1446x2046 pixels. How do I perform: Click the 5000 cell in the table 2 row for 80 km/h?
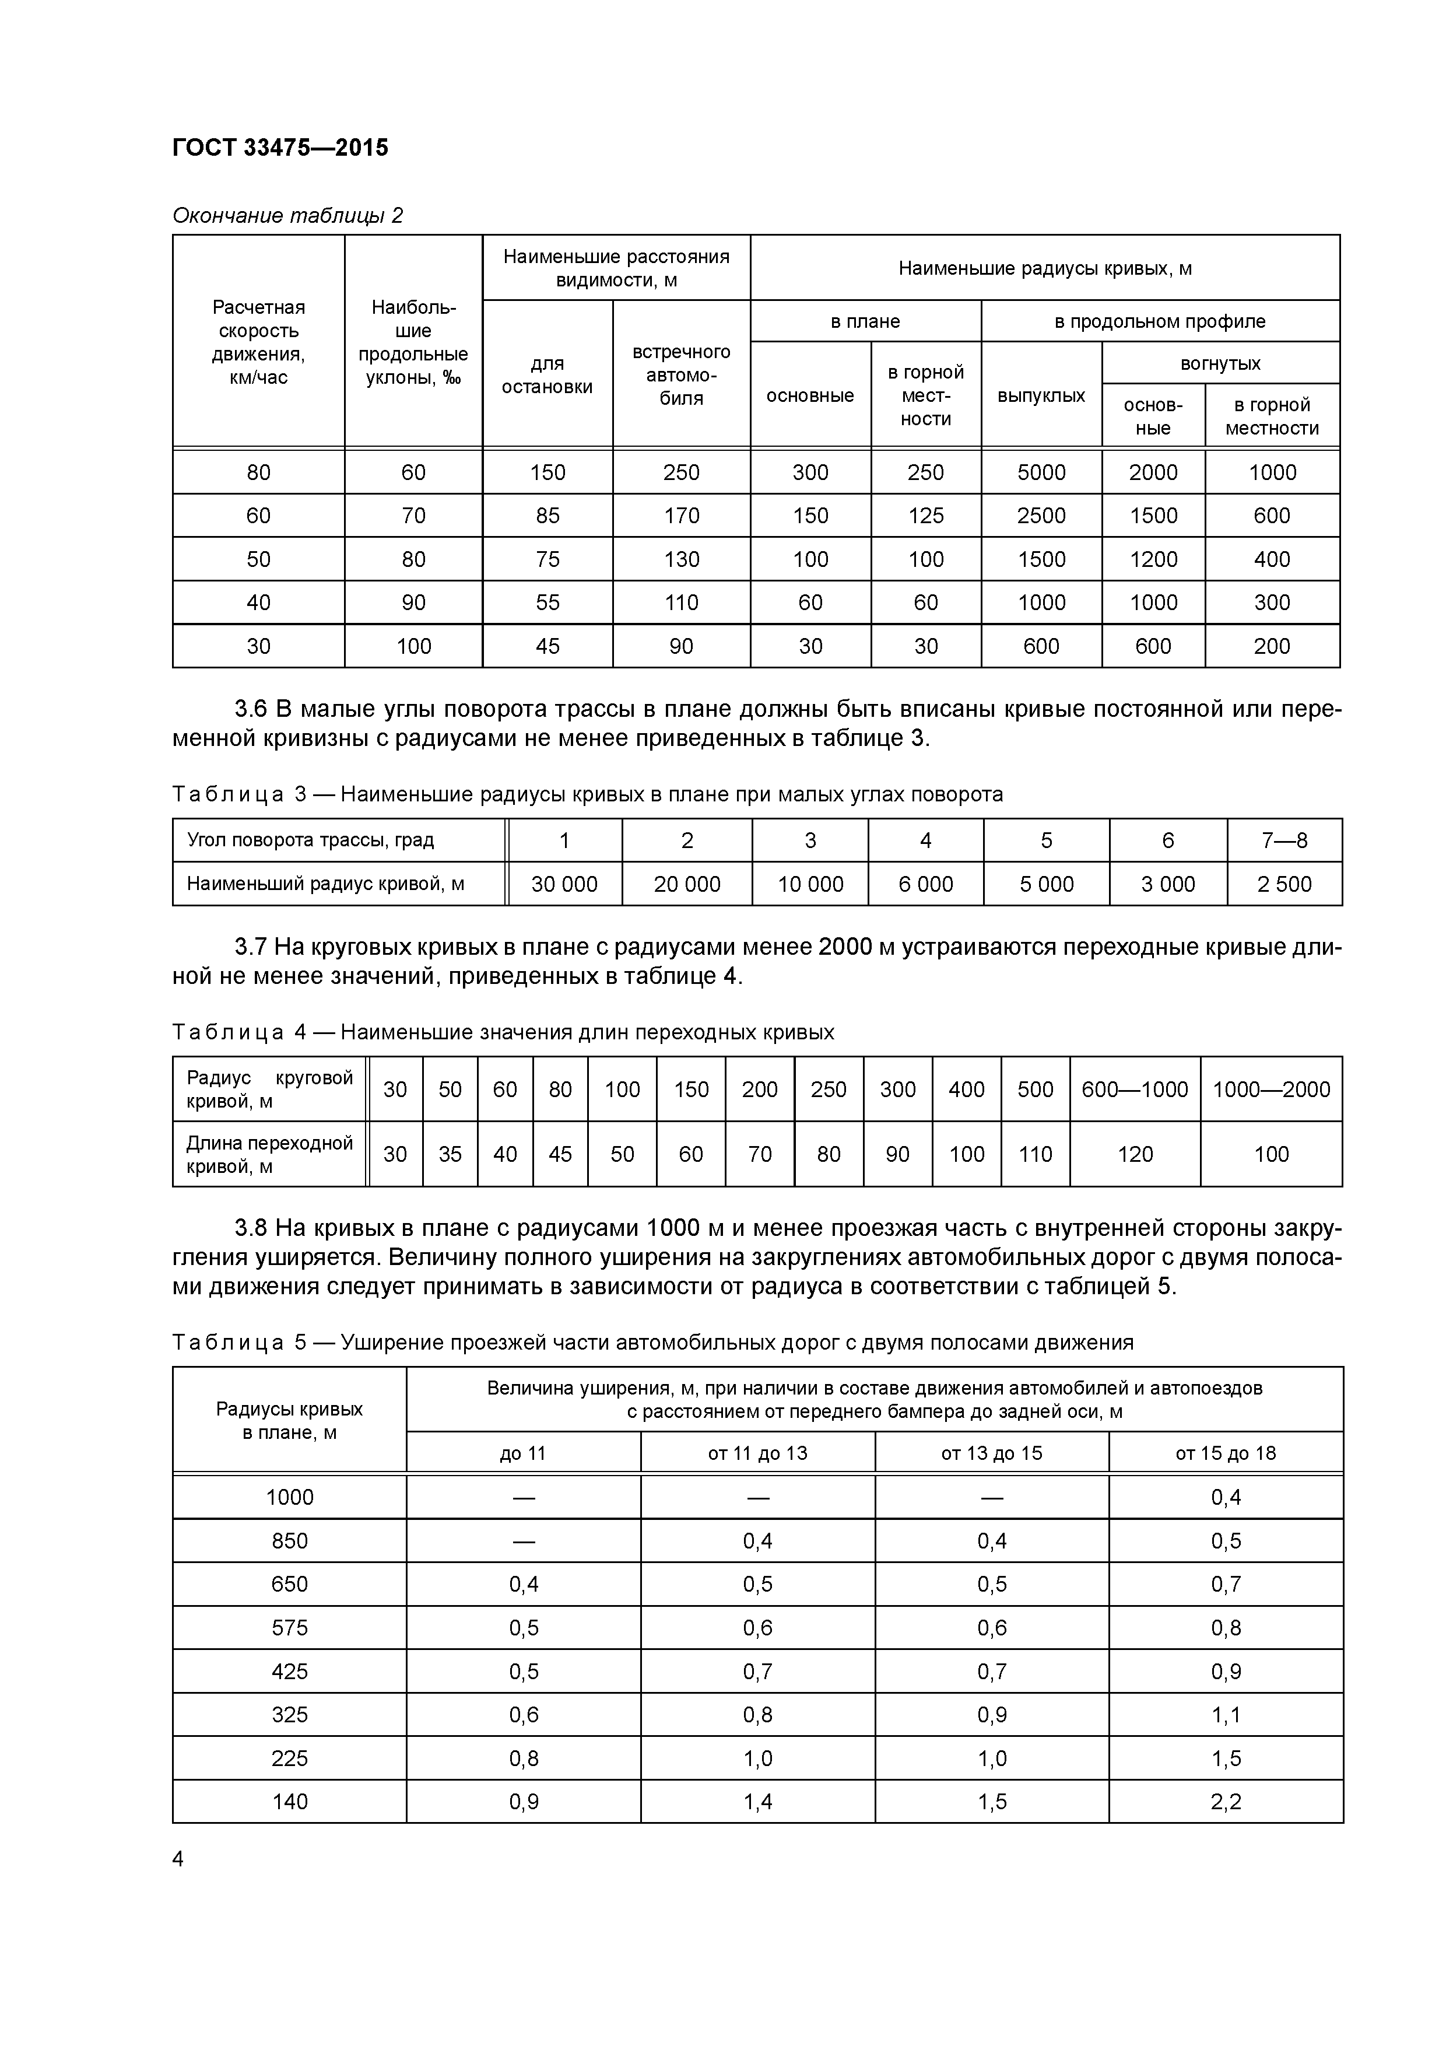1041,472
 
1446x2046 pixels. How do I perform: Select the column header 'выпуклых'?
1041,395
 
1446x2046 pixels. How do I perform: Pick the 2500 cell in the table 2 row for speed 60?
1041,516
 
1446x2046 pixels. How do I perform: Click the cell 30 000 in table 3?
564,884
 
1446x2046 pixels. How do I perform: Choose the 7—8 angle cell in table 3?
1284,840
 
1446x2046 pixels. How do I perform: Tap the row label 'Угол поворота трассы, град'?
310,840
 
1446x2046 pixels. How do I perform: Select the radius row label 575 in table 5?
290,1628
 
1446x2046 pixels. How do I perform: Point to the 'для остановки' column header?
547,375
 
